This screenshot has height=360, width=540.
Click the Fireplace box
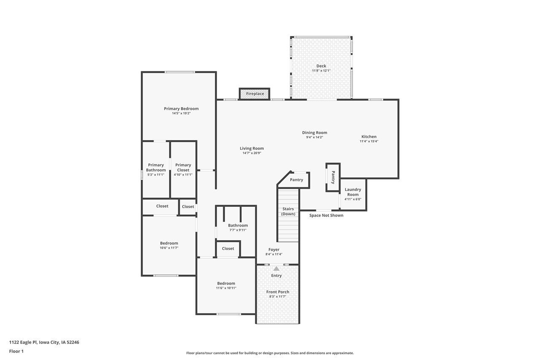[x=255, y=94]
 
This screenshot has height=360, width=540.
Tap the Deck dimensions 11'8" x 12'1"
[x=321, y=71]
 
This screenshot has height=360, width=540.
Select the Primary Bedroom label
[x=181, y=108]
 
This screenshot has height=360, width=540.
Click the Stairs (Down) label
[x=288, y=211]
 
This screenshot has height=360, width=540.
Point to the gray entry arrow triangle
[x=276, y=268]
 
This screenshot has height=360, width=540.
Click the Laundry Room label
[x=353, y=192]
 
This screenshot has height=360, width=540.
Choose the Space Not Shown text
[x=326, y=215]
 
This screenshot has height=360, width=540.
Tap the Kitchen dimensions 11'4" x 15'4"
[x=369, y=141]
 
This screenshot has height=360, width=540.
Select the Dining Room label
[x=314, y=133]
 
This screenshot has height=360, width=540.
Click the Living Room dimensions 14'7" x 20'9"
[x=252, y=153]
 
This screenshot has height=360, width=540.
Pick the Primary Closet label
[x=183, y=168]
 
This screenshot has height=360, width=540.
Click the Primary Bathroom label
[x=156, y=168]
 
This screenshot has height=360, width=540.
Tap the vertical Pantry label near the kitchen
[x=333, y=177]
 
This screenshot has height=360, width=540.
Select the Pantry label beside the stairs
[x=297, y=180]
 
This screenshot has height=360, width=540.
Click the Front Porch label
[x=278, y=292]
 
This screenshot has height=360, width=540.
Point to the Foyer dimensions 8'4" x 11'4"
[x=274, y=254]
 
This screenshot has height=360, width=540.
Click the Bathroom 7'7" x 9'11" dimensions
[x=238, y=230]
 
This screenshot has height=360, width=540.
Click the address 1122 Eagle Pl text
[x=44, y=342]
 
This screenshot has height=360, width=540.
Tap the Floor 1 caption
[x=16, y=351]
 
